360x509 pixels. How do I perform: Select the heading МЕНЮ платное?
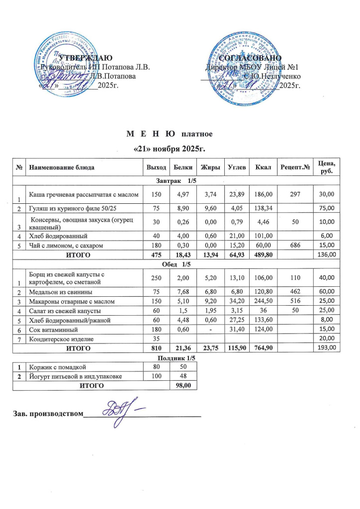(x=170, y=134)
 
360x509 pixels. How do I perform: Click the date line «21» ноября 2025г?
(x=170, y=149)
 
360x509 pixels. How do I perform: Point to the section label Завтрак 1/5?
(x=177, y=179)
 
